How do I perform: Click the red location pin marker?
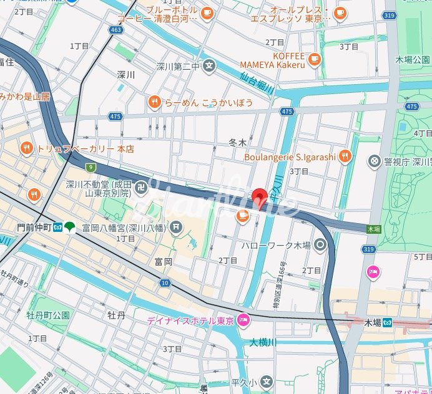pos(260,198)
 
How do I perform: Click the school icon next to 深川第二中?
pos(209,65)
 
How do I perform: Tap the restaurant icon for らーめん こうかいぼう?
pos(154,102)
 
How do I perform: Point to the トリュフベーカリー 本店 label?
pos(86,149)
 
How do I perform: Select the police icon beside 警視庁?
pos(374,161)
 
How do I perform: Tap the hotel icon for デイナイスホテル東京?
pos(243,320)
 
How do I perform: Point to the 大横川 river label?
pos(263,342)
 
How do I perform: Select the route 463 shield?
pos(115,29)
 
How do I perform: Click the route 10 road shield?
pos(164,283)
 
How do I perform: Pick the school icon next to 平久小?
pos(267,382)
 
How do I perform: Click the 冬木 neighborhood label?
pos(238,143)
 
